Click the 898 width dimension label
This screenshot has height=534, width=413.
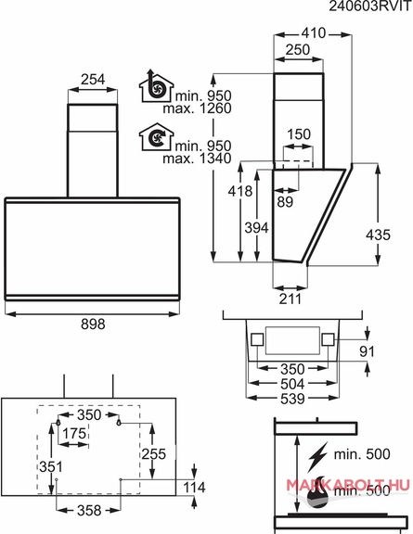tap(93, 324)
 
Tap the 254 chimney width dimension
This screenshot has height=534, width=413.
tap(93, 80)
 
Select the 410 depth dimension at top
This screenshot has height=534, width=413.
tap(314, 33)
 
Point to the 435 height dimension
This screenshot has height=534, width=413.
tap(378, 235)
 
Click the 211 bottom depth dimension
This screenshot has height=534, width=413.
tap(290, 299)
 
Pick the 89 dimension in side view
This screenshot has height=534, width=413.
tap(285, 201)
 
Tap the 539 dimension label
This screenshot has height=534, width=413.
tap(292, 399)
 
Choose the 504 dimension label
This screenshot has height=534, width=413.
tap(292, 384)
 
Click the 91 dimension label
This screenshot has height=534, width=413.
tap(367, 351)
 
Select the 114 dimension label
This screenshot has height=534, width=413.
tap(194, 488)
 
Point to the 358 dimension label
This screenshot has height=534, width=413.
tap(89, 510)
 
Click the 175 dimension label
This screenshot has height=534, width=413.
tap(74, 434)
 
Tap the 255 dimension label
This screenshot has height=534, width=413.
tap(153, 454)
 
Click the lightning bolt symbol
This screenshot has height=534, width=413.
tap(317, 456)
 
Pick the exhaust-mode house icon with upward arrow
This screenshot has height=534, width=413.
tap(157, 86)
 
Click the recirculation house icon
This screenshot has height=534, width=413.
tap(157, 136)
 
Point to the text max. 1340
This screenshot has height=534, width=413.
tap(197, 159)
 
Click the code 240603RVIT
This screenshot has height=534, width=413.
tap(370, 6)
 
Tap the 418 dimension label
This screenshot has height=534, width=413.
tap(240, 191)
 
